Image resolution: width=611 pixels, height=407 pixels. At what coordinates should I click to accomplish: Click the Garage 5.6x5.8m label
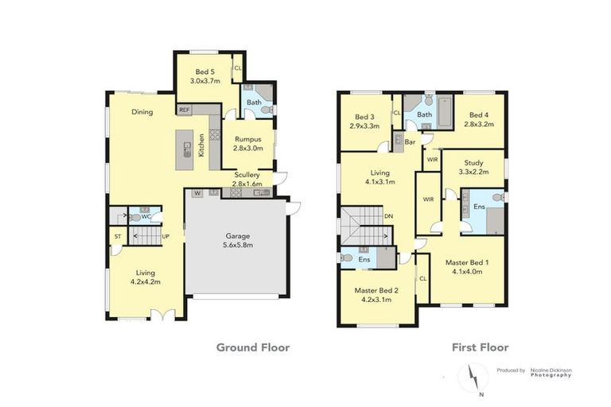(236, 241)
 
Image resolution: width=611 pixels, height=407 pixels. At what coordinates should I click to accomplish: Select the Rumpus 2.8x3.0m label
(247, 144)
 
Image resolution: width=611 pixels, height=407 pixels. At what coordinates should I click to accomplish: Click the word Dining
(142, 112)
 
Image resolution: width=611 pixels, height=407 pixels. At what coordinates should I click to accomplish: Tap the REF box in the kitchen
(184, 110)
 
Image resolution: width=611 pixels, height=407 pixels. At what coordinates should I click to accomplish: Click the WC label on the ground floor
(146, 215)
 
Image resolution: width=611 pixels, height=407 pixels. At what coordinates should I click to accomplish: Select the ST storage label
(117, 236)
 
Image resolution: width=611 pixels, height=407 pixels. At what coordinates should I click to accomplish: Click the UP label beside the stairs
(165, 236)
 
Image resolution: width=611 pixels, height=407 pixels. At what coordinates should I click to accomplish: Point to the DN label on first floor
(387, 215)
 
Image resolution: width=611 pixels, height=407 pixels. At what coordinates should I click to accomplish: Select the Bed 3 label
(364, 119)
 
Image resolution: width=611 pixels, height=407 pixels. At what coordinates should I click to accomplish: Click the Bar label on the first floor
(411, 141)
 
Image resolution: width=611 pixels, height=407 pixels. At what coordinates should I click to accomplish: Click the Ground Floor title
(253, 347)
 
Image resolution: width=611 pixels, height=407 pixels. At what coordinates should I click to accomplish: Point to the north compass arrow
(473, 374)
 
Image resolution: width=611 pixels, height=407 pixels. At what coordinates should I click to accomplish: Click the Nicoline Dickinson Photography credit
(551, 372)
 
